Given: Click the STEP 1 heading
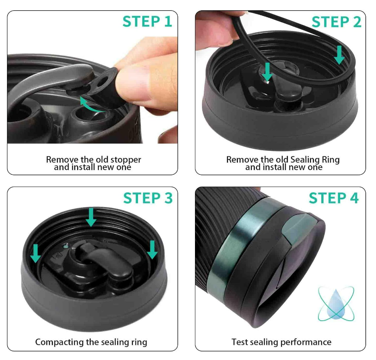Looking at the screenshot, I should tap(147, 22).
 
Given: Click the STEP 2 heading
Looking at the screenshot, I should tap(336, 22).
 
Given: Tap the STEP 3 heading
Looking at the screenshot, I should tap(148, 198).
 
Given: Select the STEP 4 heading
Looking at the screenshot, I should tap(333, 198).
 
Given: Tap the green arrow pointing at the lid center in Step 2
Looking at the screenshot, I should tap(268, 72).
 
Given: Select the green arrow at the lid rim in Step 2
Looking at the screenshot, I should tap(339, 55).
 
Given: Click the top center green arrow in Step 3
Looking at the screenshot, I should tap(91, 217).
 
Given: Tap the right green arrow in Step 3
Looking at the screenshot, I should tap(152, 250).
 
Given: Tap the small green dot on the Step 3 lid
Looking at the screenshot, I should tap(66, 246).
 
